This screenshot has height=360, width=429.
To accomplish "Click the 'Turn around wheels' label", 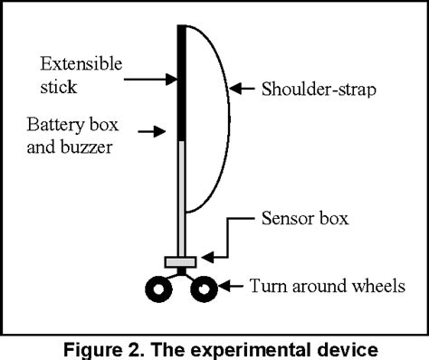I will pyautogui.click(x=326, y=287).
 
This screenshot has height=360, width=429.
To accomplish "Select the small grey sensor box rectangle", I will pyautogui.click(x=181, y=262).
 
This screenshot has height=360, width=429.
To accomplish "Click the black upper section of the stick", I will pyautogui.click(x=181, y=81).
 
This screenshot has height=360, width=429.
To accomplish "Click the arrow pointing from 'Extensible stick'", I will pyautogui.click(x=149, y=80).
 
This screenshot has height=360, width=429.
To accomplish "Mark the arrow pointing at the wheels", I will pyautogui.click(x=232, y=288).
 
